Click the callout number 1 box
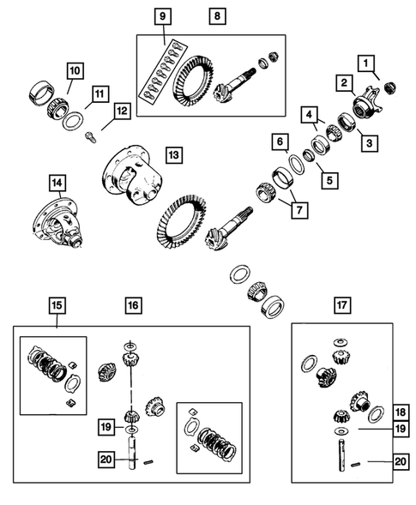(x=366, y=63)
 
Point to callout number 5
(x=326, y=182)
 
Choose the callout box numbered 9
(x=163, y=16)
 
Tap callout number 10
(x=75, y=69)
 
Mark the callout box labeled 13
(x=174, y=155)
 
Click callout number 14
(x=57, y=182)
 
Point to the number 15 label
(x=57, y=305)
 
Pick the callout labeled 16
(x=132, y=305)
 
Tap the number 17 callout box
(x=341, y=304)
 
